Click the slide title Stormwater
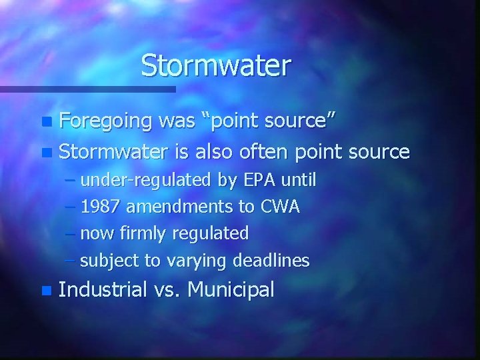click(216, 66)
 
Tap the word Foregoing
click(104, 122)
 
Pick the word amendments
click(182, 207)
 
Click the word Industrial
click(103, 290)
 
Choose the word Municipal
click(231, 290)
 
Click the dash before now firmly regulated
click(71, 234)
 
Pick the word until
click(299, 181)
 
